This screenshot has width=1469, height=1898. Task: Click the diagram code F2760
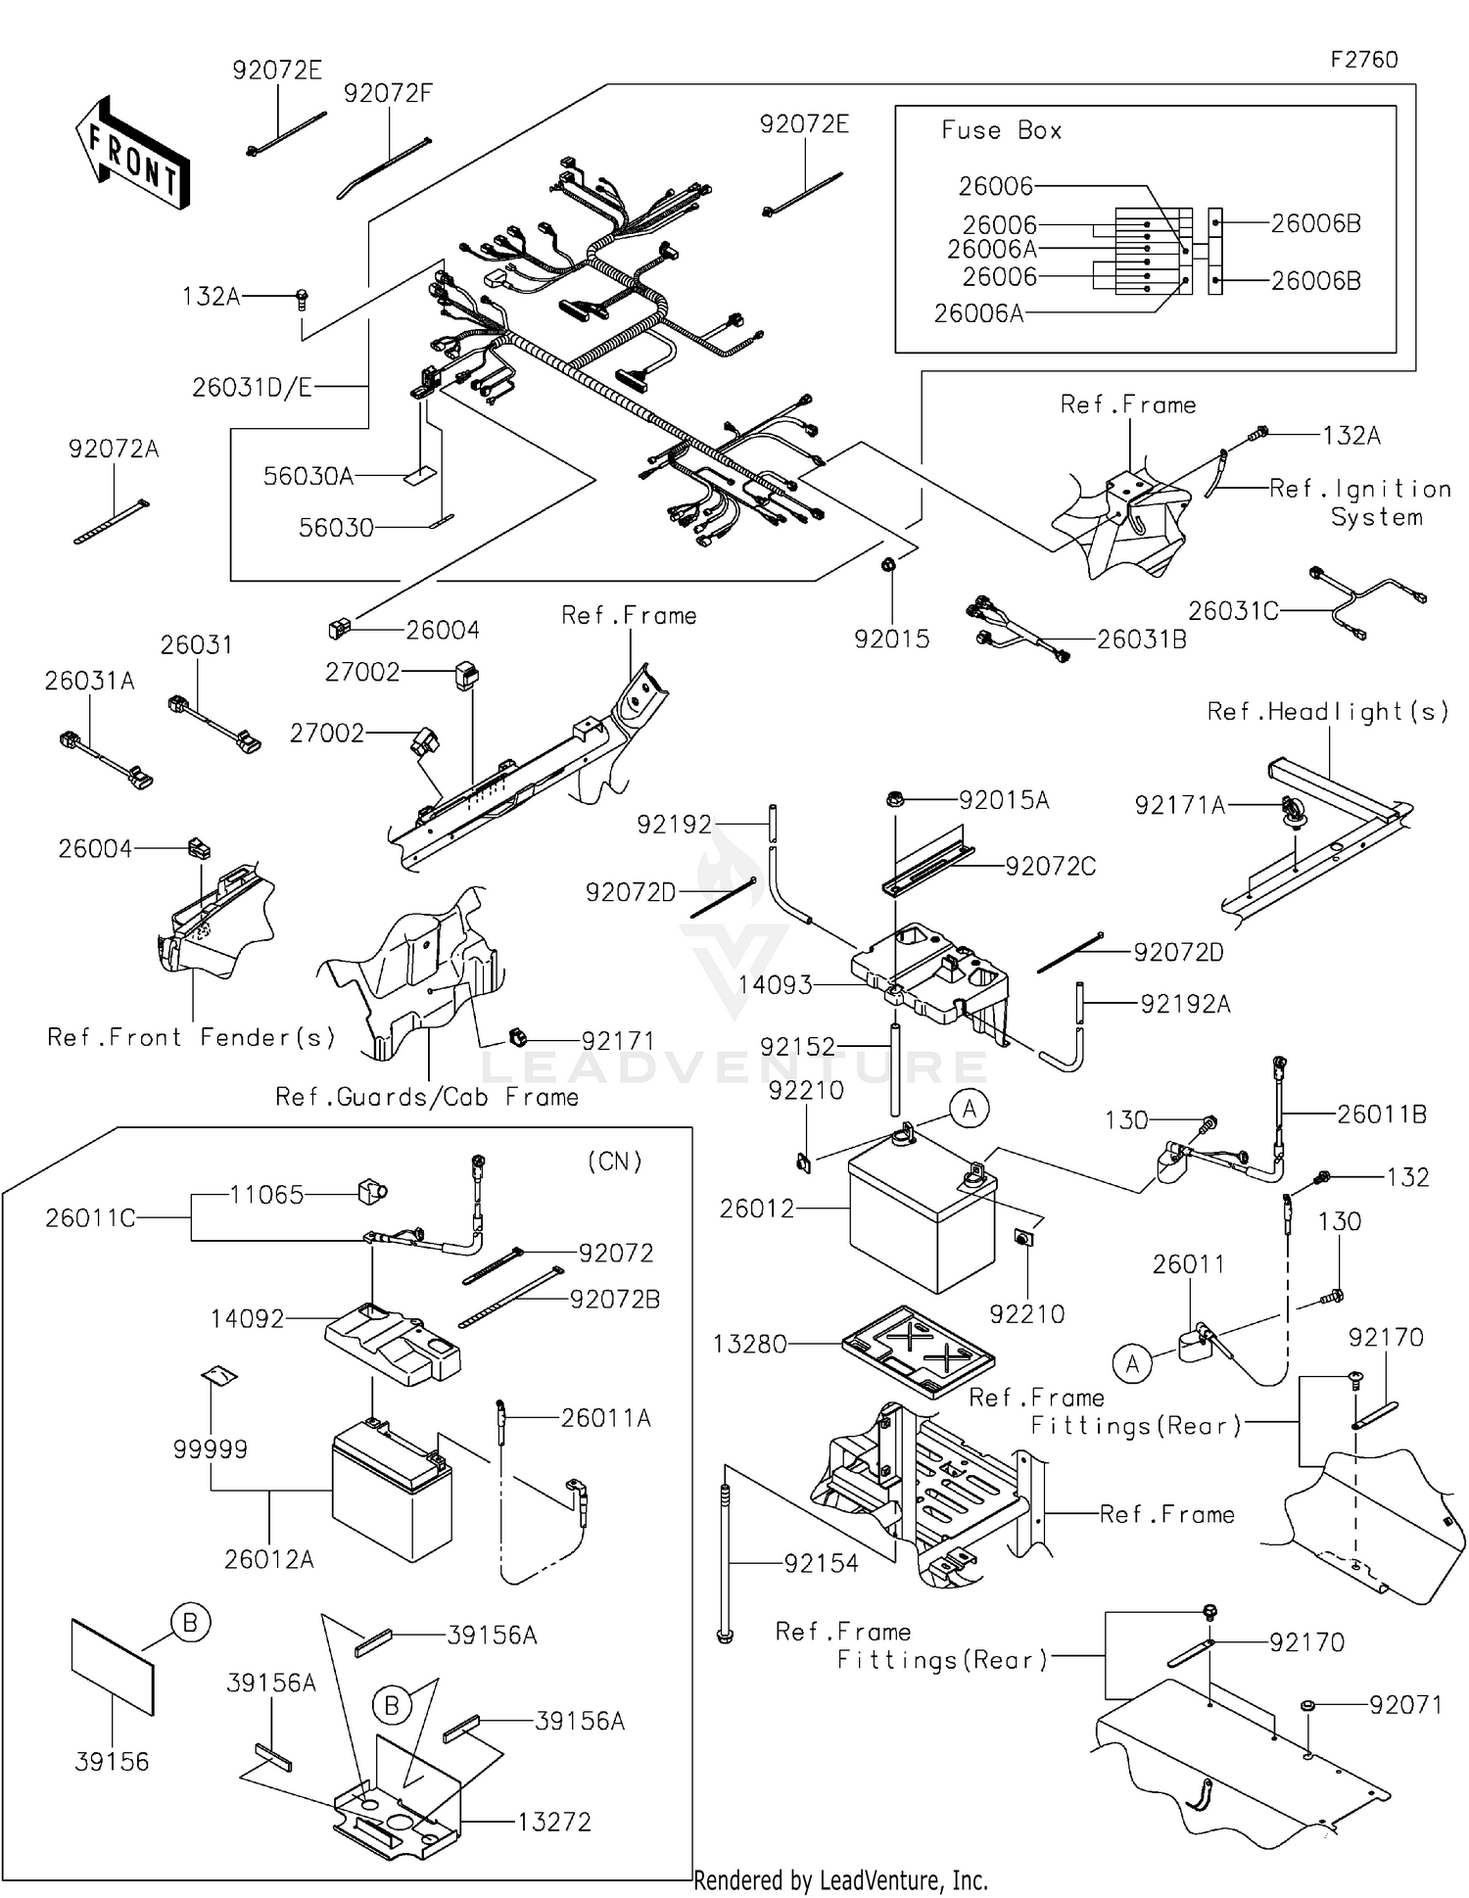click(1363, 60)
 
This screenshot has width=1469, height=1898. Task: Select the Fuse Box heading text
click(1001, 130)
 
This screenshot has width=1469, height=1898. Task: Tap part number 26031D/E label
click(252, 388)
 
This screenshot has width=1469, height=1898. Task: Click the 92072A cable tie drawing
click(111, 522)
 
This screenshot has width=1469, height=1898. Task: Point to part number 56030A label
click(308, 476)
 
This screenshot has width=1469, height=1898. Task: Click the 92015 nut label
click(891, 640)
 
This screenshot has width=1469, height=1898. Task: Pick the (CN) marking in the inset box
click(614, 1162)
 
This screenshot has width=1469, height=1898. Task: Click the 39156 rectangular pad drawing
click(113, 1667)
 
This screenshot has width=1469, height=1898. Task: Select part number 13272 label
click(554, 1823)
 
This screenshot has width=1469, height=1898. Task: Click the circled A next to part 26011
click(1133, 1363)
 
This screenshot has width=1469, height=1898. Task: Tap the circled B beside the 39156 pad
click(190, 1623)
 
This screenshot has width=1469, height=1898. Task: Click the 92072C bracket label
click(1050, 866)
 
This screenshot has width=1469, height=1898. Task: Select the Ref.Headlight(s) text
click(1327, 712)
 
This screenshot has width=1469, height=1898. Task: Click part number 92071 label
click(1405, 1705)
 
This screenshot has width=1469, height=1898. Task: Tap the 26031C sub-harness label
click(1233, 611)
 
